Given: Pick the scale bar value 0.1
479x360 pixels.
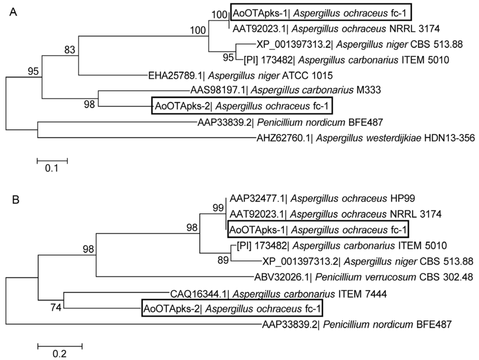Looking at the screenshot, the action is tap(51, 169).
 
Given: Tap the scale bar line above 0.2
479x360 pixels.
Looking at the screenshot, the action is tap(60, 346).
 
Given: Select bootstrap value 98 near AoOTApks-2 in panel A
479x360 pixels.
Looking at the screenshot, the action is tap(89, 104).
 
